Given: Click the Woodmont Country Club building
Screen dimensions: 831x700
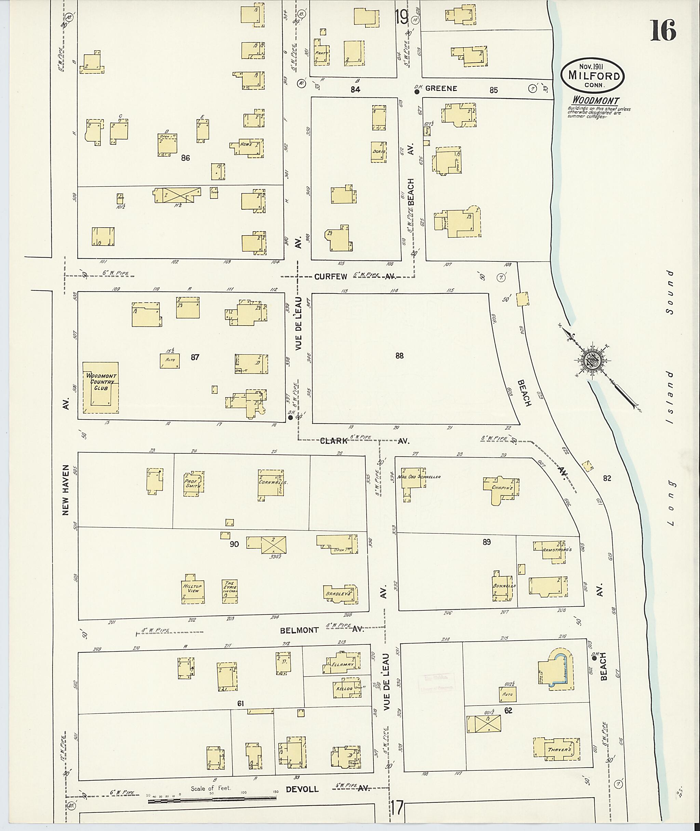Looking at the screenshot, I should tap(100, 388).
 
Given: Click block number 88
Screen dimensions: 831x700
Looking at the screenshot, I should tap(399, 356).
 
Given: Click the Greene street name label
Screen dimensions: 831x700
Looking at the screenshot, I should tap(441, 89).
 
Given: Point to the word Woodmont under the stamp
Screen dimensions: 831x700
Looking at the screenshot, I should tap(595, 101).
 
